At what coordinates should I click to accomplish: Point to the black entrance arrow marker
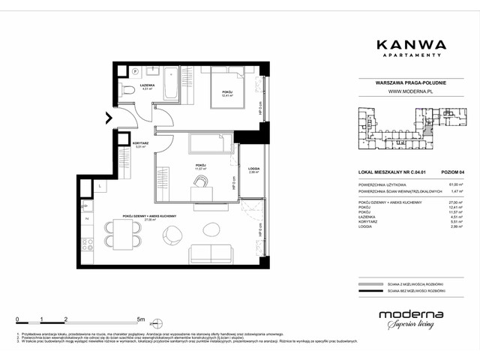click(x=109, y=117)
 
